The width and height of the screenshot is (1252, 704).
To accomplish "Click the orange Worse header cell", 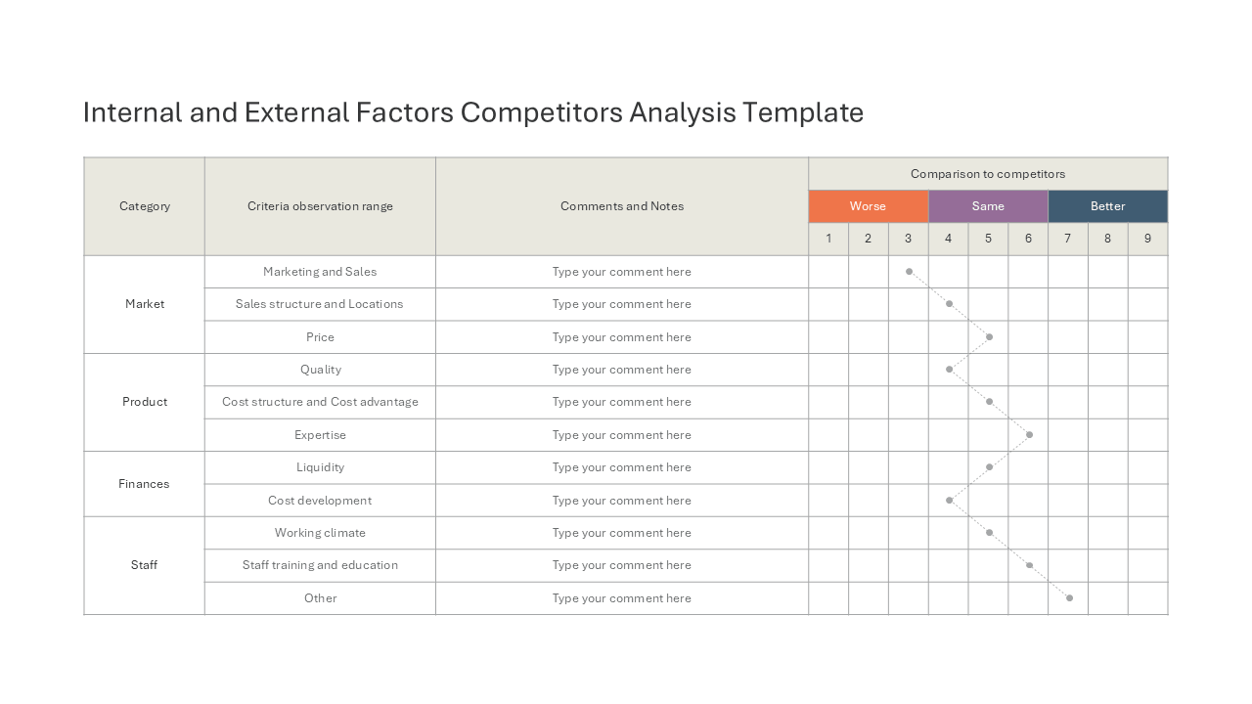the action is tap(868, 206).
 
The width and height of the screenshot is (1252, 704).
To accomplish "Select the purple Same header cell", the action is tap(988, 206).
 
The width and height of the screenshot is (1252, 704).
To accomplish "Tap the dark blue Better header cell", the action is tap(1108, 206).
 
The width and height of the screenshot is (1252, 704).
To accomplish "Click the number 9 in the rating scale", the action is tap(1147, 239).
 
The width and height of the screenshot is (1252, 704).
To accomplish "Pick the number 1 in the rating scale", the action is tap(828, 239).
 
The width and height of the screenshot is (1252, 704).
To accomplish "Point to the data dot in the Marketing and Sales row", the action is tap(910, 272).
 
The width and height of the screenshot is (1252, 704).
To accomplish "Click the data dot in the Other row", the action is tap(1069, 597).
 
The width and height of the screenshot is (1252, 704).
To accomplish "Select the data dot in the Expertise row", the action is tap(1030, 435).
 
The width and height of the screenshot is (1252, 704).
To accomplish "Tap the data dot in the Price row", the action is tap(989, 337).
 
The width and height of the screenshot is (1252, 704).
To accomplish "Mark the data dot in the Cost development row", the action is tap(949, 500).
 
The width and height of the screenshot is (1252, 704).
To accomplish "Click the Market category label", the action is tap(145, 304).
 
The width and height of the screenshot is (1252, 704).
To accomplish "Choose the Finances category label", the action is tap(144, 484).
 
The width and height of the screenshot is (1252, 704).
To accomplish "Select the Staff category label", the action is tap(144, 565).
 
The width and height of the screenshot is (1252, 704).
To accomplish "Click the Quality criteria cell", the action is tap(320, 370).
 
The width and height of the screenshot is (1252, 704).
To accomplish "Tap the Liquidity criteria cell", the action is tap(320, 467).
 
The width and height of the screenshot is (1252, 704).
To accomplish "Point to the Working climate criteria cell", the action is tap(320, 533).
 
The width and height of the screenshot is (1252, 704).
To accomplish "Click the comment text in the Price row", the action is tap(621, 337).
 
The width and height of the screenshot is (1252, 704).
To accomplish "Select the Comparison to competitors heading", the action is tap(988, 174).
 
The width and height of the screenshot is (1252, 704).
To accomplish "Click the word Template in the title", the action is tap(803, 112).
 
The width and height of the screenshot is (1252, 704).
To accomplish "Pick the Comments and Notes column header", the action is tap(622, 206).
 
